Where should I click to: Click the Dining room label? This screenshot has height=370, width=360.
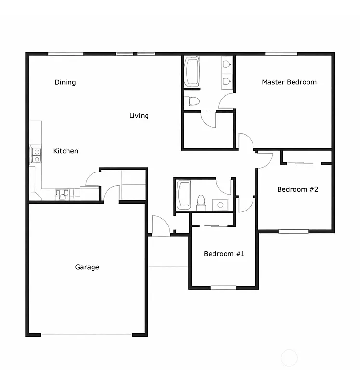(65, 82)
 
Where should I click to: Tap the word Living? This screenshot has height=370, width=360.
(139, 116)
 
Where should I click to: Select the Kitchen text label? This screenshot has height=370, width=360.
(66, 151)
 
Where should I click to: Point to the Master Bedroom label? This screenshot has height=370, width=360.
(289, 82)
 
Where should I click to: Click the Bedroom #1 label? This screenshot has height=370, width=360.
(224, 254)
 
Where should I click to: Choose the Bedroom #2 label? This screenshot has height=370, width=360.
(298, 189)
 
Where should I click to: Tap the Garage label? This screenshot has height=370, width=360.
(87, 267)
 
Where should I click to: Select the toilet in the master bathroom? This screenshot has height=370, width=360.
(192, 101)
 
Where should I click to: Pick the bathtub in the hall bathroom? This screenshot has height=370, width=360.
(184, 195)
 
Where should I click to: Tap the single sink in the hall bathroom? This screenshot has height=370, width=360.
(220, 204)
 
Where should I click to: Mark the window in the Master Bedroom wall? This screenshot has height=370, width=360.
(281, 53)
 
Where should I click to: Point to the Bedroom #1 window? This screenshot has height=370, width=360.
(223, 288)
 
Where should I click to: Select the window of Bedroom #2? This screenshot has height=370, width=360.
(293, 231)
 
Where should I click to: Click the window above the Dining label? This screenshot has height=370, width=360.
(66, 53)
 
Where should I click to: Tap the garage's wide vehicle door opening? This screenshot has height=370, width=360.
(86, 335)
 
